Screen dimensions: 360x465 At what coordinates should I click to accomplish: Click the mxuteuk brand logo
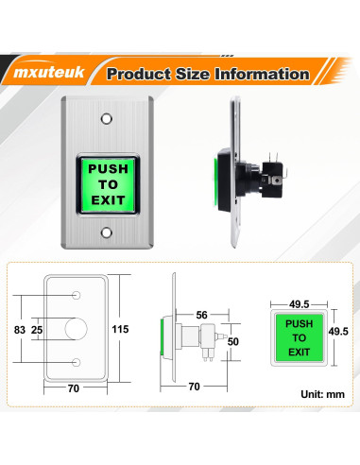pyautogui.click(x=49, y=72)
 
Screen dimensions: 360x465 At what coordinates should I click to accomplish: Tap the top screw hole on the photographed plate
pyautogui.click(x=107, y=119)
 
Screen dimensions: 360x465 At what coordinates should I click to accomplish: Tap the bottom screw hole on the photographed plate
pyautogui.click(x=107, y=232)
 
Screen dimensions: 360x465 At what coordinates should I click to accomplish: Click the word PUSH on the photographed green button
pyautogui.click(x=108, y=169)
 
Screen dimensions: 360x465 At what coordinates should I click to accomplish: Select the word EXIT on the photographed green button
pyautogui.click(x=108, y=200)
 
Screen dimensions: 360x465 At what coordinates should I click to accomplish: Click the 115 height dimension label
pyautogui.click(x=120, y=329)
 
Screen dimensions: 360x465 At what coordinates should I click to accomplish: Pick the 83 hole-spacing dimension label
pyautogui.click(x=20, y=330)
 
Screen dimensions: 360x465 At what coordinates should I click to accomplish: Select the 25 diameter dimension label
pyautogui.click(x=37, y=330)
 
